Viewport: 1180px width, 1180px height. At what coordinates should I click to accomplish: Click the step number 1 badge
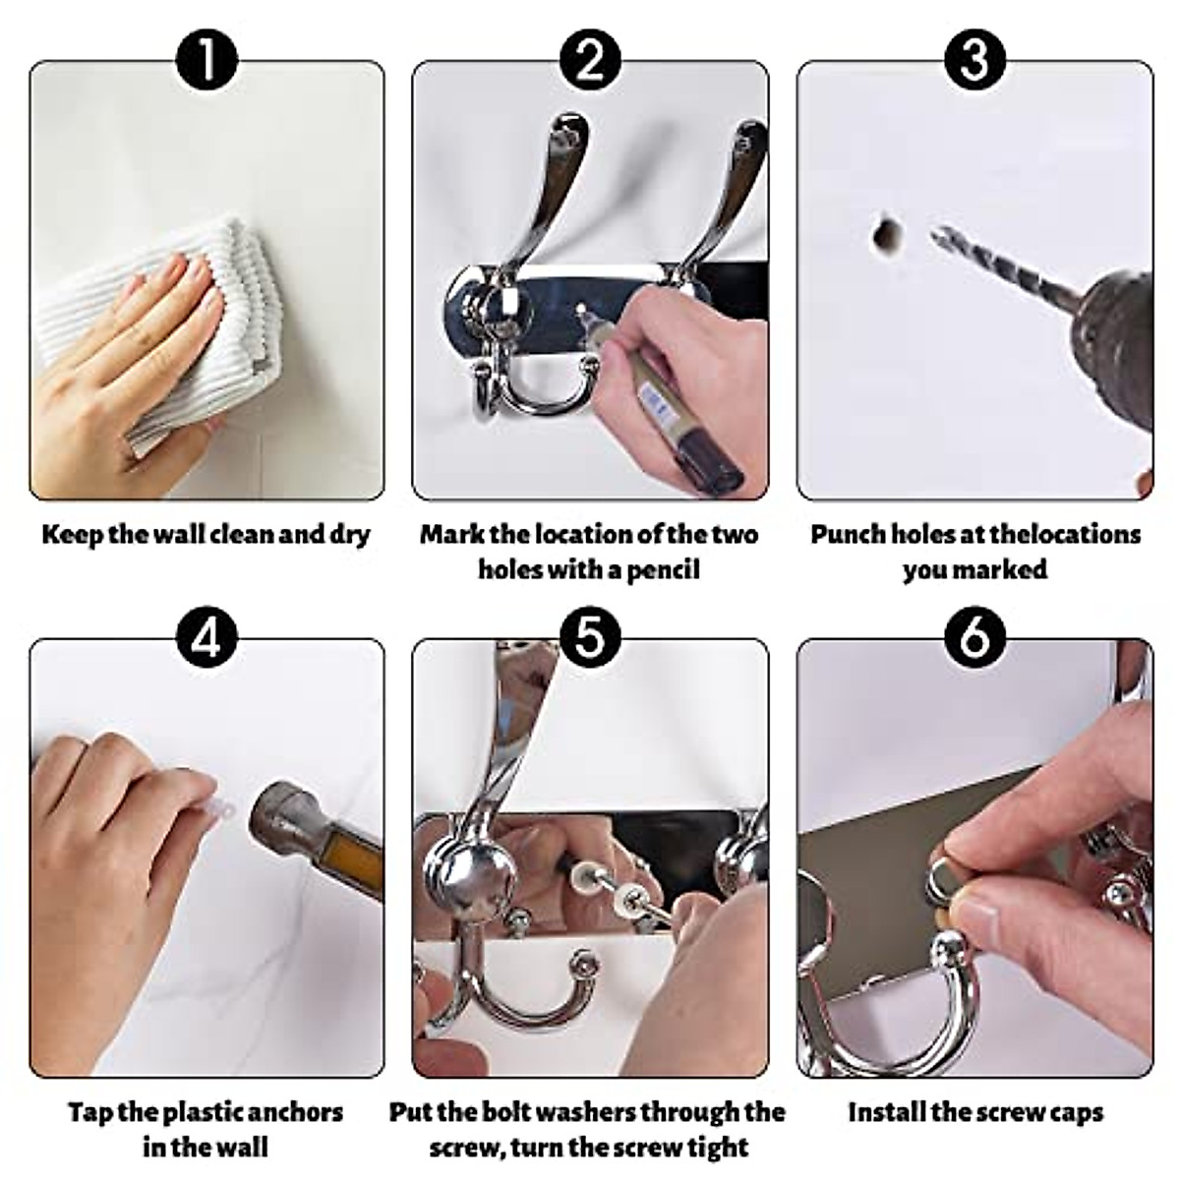tap(206, 59)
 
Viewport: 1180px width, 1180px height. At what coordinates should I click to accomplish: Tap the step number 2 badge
tap(590, 59)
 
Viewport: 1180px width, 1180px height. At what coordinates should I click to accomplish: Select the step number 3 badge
tap(974, 59)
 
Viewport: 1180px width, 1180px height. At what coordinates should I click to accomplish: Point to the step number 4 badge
tap(206, 638)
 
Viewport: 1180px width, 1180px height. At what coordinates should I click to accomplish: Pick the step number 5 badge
tap(590, 638)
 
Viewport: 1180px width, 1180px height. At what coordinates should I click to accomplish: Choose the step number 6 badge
tap(974, 638)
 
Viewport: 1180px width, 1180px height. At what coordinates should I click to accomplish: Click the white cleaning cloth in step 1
tap(184, 330)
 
